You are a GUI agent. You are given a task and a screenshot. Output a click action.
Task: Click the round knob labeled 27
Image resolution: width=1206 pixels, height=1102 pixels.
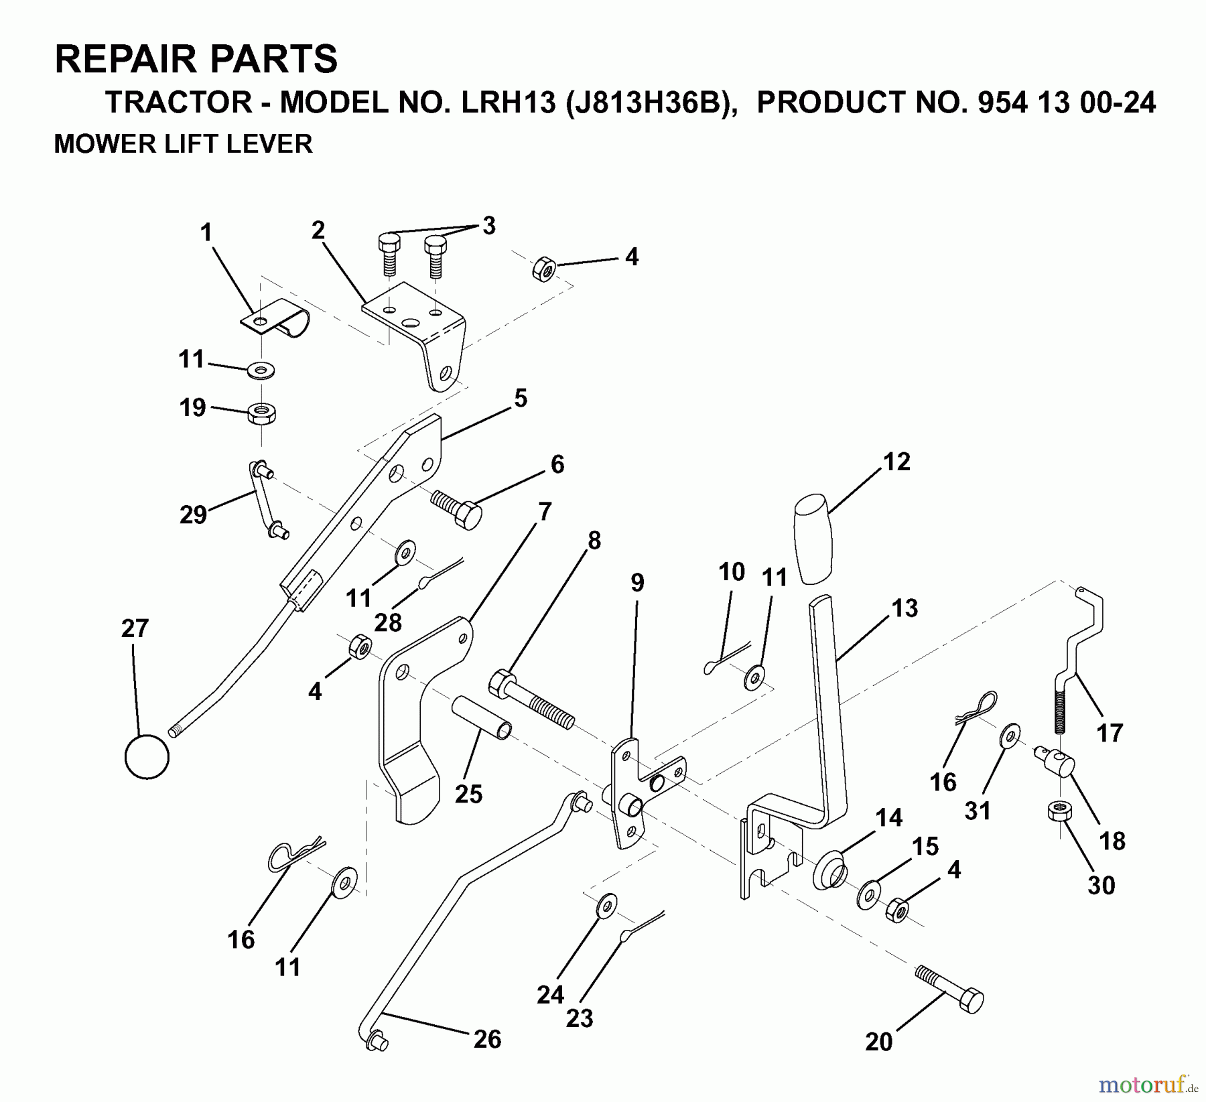(x=147, y=756)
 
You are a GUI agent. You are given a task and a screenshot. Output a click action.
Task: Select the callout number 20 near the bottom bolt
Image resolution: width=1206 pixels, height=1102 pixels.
(x=878, y=1042)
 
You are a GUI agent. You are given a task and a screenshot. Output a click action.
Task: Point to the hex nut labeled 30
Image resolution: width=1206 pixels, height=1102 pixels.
(x=1059, y=813)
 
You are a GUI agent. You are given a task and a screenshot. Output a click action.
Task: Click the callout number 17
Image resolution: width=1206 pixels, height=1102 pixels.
(x=1109, y=733)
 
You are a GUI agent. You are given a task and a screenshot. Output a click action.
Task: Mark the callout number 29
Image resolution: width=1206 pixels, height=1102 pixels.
(x=193, y=514)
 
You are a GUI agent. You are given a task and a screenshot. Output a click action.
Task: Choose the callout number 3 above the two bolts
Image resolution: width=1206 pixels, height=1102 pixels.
(x=489, y=226)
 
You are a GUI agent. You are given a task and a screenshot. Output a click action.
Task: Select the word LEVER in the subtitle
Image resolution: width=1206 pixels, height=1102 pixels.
(x=277, y=144)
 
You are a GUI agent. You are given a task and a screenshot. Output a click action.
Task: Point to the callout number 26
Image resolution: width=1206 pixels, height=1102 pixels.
(x=487, y=1038)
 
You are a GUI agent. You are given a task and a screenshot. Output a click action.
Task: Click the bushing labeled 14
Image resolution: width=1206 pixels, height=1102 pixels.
(x=828, y=869)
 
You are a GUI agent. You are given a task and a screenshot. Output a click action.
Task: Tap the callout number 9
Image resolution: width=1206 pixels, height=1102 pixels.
(x=637, y=582)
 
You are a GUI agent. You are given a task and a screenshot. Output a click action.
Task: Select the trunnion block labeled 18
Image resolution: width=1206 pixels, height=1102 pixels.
(x=1057, y=762)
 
